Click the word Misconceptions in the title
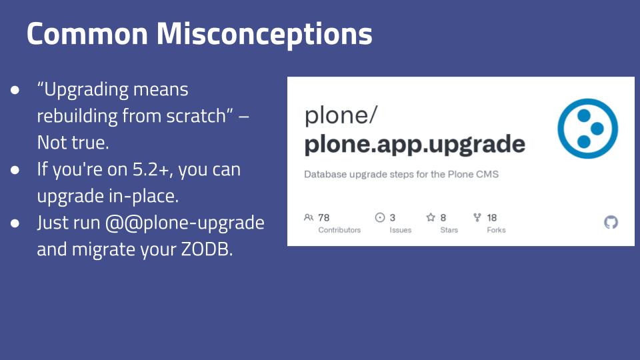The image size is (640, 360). (265, 34)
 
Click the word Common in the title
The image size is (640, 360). (87, 33)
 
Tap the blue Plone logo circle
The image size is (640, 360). (588, 129)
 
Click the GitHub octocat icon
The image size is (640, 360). (611, 223)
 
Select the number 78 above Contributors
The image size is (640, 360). (324, 217)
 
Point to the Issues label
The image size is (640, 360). (401, 230)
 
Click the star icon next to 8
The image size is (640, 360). (431, 217)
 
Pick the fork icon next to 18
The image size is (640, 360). (477, 217)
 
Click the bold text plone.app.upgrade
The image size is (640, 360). (415, 145)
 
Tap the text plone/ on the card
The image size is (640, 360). (341, 115)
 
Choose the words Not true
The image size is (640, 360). (73, 143)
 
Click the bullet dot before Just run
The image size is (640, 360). (15, 223)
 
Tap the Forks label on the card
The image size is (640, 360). (496, 230)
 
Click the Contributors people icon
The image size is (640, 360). (309, 217)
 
